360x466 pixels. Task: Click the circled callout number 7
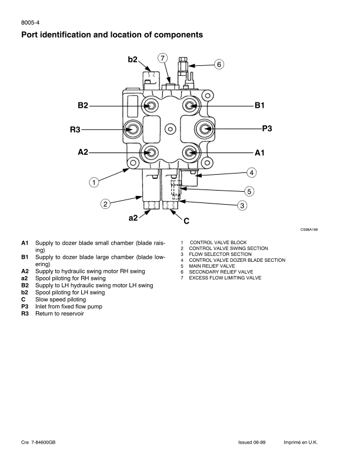pos(162,58)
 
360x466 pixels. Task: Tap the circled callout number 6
pos(219,64)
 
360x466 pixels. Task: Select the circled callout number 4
pos(252,172)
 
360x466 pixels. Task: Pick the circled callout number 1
pos(94,182)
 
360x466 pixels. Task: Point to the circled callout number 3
pos(242,205)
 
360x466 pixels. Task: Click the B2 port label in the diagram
pos(83,105)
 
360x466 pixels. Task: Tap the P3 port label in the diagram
pos(267,128)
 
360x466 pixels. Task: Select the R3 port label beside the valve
pos(75,129)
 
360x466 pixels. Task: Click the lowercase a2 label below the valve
pos(133,218)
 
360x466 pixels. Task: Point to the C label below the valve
pos(186,221)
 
